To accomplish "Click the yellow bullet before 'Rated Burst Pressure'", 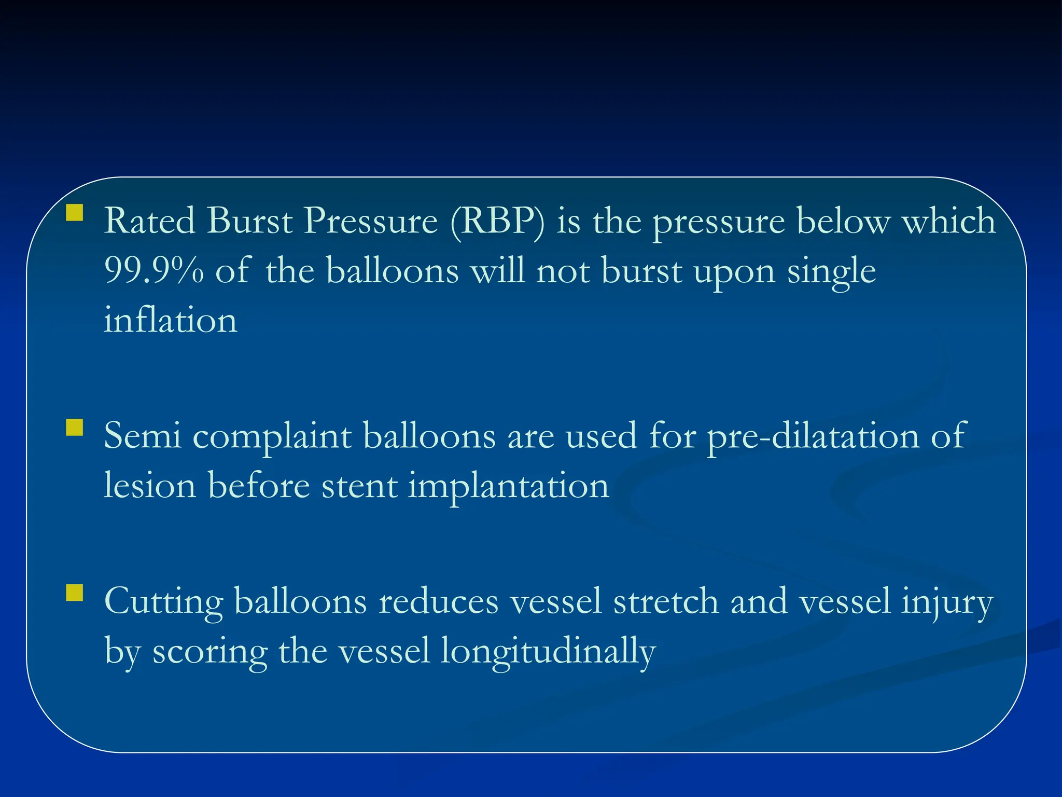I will (x=75, y=213).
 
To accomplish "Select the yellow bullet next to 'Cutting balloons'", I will (x=75, y=593).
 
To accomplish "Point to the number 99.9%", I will (x=153, y=271).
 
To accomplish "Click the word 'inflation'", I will (x=170, y=320).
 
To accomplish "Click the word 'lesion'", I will (x=150, y=486).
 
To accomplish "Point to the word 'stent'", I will (x=359, y=486).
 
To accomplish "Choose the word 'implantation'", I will (x=508, y=486).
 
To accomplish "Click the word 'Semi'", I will (x=143, y=436).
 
